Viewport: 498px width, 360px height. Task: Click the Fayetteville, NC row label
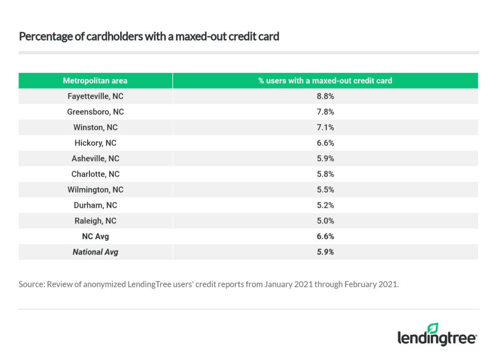point(95,96)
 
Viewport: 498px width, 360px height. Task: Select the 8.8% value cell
point(325,96)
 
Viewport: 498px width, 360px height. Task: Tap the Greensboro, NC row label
point(95,112)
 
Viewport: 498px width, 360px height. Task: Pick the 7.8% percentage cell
point(325,112)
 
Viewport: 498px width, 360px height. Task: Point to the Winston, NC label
point(95,127)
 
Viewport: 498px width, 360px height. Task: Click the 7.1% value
point(325,127)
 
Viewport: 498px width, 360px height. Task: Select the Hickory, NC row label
point(95,143)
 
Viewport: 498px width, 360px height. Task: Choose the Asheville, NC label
point(95,159)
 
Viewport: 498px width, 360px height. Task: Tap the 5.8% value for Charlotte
point(325,174)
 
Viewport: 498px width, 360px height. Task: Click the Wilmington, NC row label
point(95,190)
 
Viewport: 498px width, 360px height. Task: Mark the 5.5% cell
point(325,190)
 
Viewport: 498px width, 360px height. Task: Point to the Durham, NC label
point(95,205)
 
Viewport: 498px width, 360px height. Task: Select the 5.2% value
point(325,205)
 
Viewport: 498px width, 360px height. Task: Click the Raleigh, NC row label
point(95,221)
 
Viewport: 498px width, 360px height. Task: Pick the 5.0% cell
point(325,221)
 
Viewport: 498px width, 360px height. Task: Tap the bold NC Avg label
point(95,236)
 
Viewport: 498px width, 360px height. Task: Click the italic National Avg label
point(95,252)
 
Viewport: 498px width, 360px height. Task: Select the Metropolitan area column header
point(95,81)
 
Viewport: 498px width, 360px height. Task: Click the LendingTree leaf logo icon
point(432,328)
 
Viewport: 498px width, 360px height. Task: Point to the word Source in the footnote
point(31,284)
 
